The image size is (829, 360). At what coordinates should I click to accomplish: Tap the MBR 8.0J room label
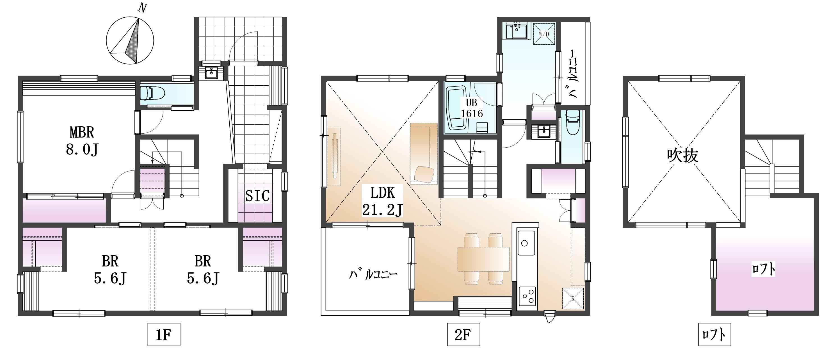click(82, 141)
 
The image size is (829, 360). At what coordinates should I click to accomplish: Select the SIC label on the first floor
click(257, 196)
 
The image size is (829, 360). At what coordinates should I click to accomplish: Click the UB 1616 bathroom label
click(472, 108)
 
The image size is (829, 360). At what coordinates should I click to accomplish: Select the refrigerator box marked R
click(573, 298)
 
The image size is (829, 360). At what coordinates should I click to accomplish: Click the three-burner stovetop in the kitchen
click(527, 297)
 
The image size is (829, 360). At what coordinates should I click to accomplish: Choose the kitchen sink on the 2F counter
click(526, 242)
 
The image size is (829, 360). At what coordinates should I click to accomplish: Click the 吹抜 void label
click(682, 156)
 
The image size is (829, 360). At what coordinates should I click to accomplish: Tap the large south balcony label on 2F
click(373, 274)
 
